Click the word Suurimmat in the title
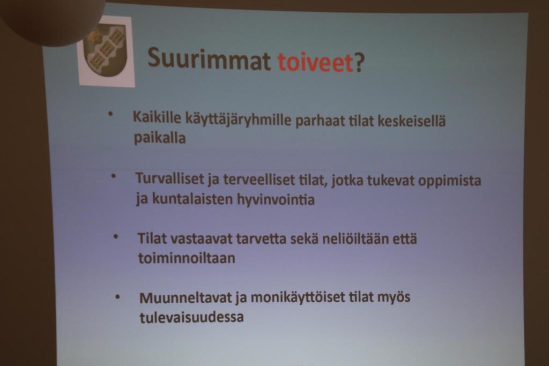coord(210,58)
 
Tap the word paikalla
coord(160,138)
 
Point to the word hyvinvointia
coord(276,200)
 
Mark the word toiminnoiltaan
coord(187,258)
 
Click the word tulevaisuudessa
coord(191,317)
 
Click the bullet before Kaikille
coord(110,114)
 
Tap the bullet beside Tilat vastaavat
coord(116,236)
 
